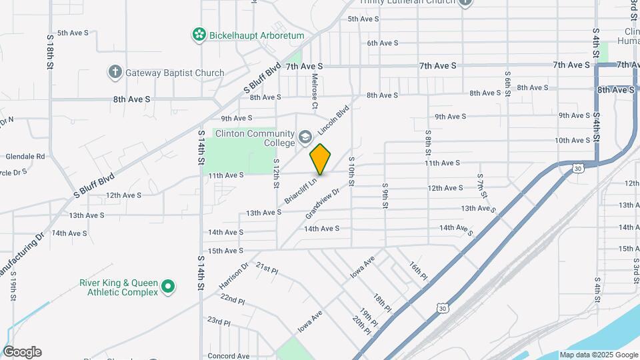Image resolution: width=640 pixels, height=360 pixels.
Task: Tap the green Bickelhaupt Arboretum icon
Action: tap(198, 35)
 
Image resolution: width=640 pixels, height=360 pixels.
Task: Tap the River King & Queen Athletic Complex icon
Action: tap(169, 287)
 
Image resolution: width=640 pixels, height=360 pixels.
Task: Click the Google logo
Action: tap(22, 352)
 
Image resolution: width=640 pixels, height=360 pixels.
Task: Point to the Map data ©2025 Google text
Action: tap(598, 355)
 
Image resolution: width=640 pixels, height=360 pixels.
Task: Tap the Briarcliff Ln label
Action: tap(299, 190)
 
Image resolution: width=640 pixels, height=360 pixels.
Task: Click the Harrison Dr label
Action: tap(233, 275)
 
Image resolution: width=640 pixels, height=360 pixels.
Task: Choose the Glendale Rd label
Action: tap(25, 157)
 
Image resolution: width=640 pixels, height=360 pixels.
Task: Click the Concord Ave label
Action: tap(228, 356)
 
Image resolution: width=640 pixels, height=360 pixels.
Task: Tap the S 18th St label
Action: tap(50, 54)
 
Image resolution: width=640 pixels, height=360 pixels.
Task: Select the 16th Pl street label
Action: tap(417, 271)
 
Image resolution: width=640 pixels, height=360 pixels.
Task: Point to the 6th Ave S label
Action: tap(383, 43)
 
